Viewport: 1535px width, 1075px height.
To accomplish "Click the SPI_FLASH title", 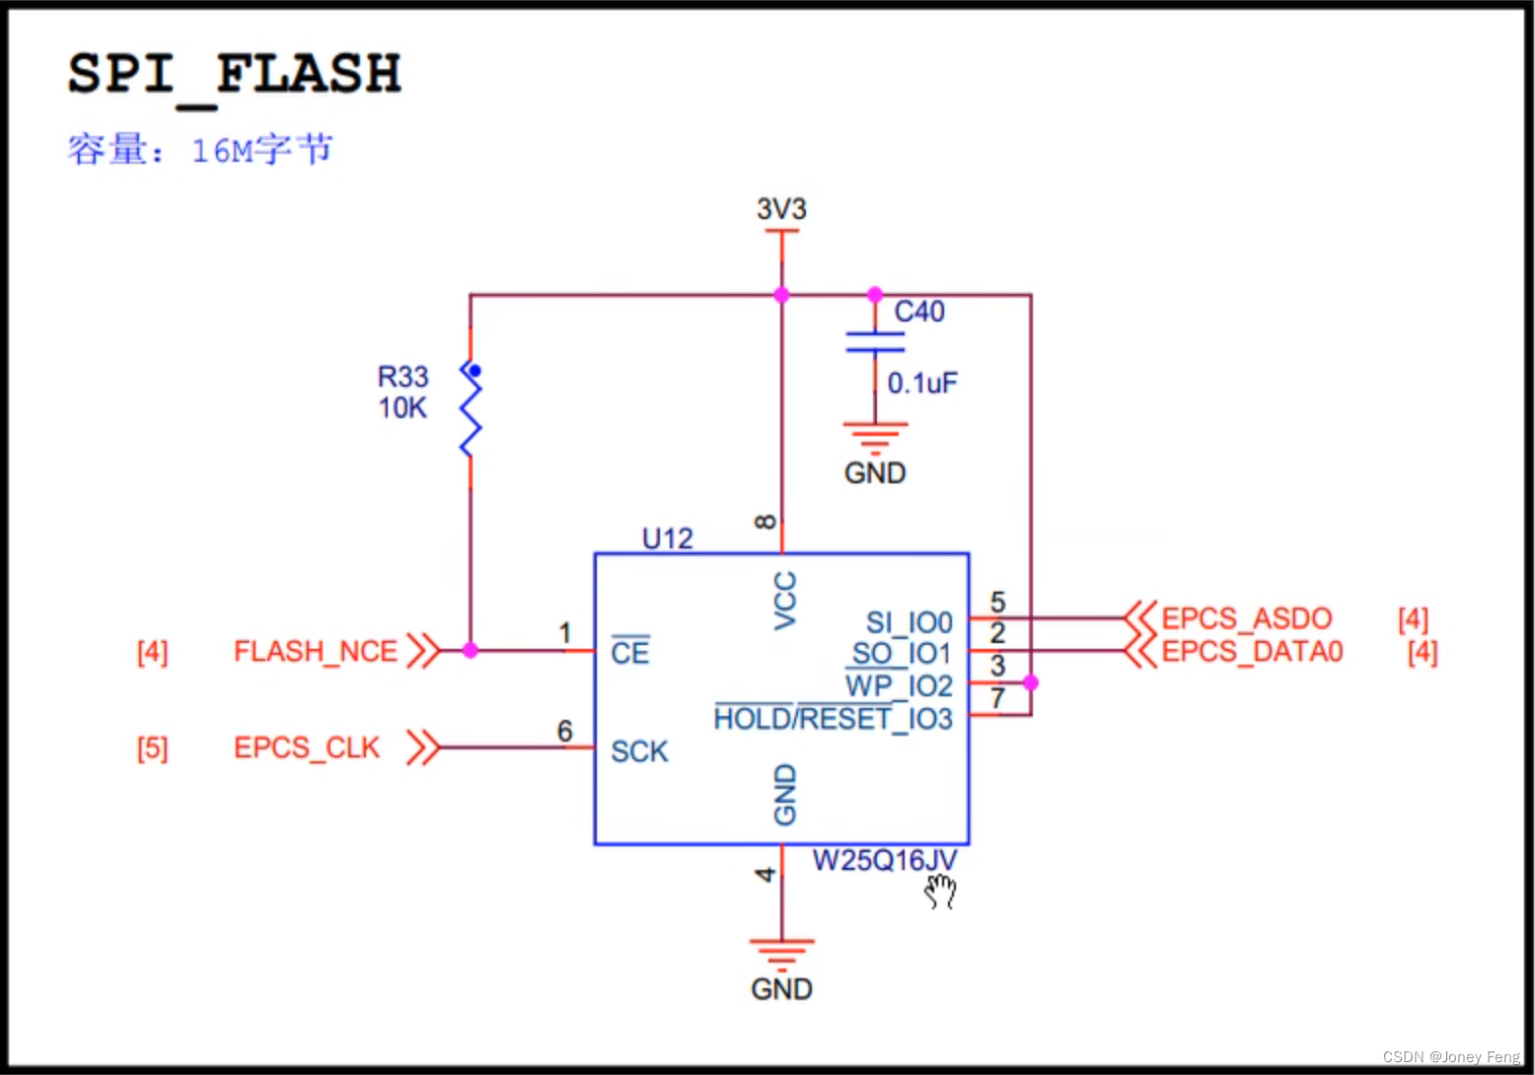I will [234, 74].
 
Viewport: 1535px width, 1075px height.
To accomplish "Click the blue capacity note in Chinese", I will [200, 150].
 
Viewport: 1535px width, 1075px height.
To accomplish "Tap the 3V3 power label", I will [781, 209].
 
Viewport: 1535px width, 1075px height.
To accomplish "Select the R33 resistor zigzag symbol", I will [470, 408].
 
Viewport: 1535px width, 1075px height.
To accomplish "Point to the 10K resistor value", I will [402, 408].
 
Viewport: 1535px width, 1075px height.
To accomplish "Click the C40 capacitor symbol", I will [875, 342].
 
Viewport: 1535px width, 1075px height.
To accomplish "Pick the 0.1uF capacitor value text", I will [922, 383].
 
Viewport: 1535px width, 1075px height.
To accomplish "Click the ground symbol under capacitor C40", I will [875, 435].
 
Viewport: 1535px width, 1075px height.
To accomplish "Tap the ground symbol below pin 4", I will [781, 952].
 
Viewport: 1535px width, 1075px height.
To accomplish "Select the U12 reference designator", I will [668, 538].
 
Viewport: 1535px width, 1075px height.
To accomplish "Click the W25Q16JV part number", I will [885, 861].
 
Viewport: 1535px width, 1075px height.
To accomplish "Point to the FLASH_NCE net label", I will [316, 652].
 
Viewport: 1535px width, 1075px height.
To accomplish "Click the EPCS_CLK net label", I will [307, 749].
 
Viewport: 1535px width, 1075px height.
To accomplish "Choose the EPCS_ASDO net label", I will [1247, 618].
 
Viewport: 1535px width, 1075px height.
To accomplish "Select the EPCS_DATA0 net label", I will [1252, 652].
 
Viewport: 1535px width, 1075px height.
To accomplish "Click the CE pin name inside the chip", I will [630, 652].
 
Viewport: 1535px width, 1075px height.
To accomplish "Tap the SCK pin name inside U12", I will [639, 752].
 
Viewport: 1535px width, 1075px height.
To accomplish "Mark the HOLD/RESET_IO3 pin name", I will [833, 719].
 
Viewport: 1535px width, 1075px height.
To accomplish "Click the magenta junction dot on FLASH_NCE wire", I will [471, 651].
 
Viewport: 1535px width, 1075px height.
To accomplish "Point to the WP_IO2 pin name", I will [899, 685].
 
